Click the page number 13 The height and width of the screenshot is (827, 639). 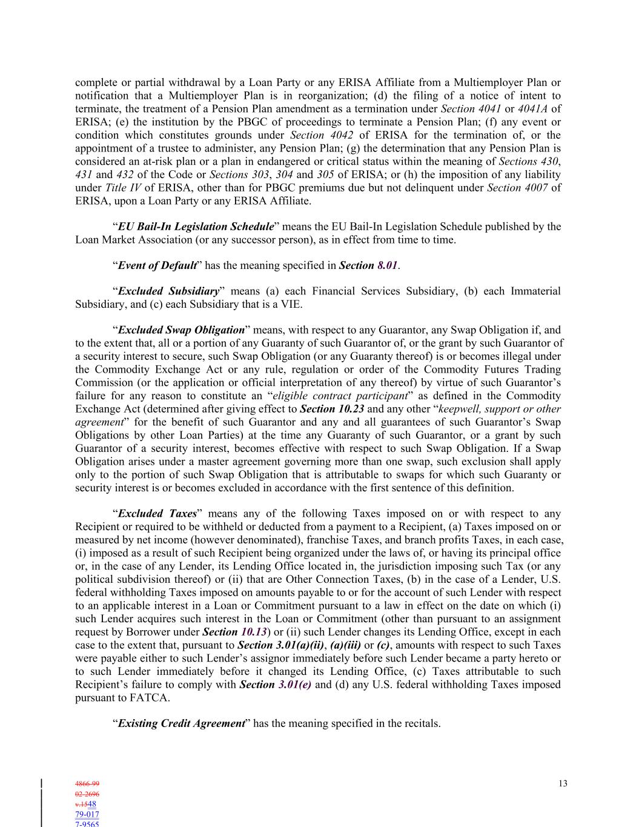click(563, 783)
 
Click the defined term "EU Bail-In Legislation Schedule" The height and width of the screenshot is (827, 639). click(196, 227)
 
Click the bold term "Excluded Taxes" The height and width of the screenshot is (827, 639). click(157, 514)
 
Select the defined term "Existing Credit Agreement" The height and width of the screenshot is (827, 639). click(181, 723)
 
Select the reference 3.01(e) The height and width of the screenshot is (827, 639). click(294, 685)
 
